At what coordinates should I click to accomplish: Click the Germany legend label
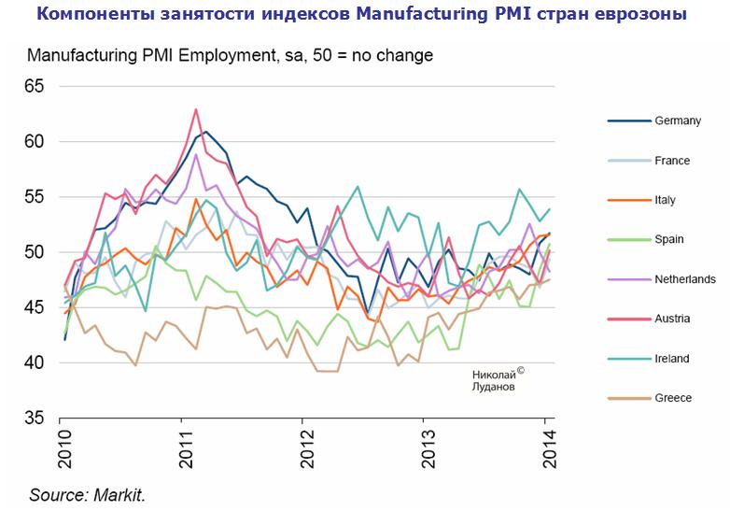tap(678, 121)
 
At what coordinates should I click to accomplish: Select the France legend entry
tap(672, 161)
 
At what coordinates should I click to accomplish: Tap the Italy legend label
tap(665, 200)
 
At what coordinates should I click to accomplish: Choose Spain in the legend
tap(668, 239)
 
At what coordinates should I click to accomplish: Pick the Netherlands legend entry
tap(685, 279)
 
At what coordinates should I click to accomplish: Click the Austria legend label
tap(672, 319)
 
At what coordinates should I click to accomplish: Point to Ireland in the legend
tap(672, 358)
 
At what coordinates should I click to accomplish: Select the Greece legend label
tap(673, 398)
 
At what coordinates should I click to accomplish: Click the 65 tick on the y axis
tap(34, 86)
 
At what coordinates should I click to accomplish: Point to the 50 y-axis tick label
tap(34, 252)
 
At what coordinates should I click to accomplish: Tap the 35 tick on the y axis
tap(34, 418)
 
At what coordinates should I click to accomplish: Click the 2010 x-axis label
tap(64, 448)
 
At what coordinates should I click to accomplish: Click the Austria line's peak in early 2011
tap(196, 109)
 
